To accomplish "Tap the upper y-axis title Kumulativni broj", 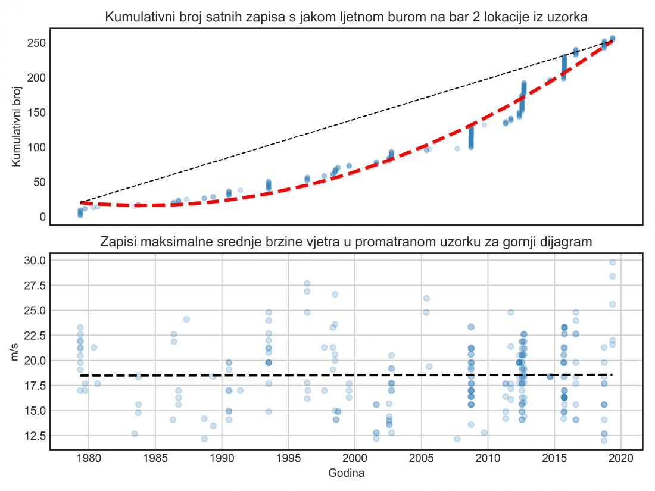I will pyautogui.click(x=17, y=127).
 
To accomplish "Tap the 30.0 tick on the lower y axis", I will pyautogui.click(x=34, y=261).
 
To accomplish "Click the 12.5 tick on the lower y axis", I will pyautogui.click(x=34, y=436).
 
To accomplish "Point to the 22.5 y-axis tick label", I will pyautogui.click(x=34, y=336).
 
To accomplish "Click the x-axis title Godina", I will pyautogui.click(x=347, y=474).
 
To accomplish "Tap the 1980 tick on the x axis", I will pyautogui.click(x=89, y=459).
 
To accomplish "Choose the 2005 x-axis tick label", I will pyautogui.click(x=422, y=459).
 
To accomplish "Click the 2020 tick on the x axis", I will pyautogui.click(x=621, y=459).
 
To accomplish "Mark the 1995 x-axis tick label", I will pyautogui.click(x=288, y=459).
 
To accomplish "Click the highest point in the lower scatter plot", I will pyautogui.click(x=612, y=262).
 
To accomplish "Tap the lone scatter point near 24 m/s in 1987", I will pyautogui.click(x=186, y=319).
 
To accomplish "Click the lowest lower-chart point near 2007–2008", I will pyautogui.click(x=457, y=439).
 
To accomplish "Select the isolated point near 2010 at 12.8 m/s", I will pyautogui.click(x=484, y=433).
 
